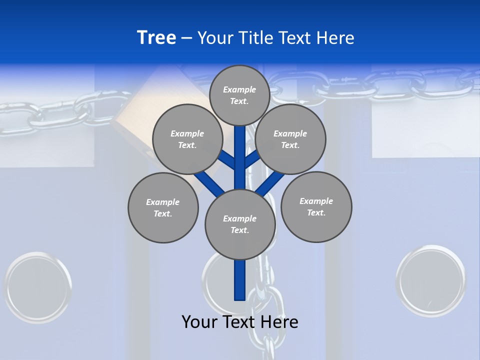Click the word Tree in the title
tap(156, 38)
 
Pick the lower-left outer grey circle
tap(163, 207)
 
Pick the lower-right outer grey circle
tap(316, 206)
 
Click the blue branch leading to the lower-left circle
tap(209, 183)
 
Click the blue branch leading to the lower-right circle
tap(270, 182)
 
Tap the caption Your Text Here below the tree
tap(240, 322)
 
